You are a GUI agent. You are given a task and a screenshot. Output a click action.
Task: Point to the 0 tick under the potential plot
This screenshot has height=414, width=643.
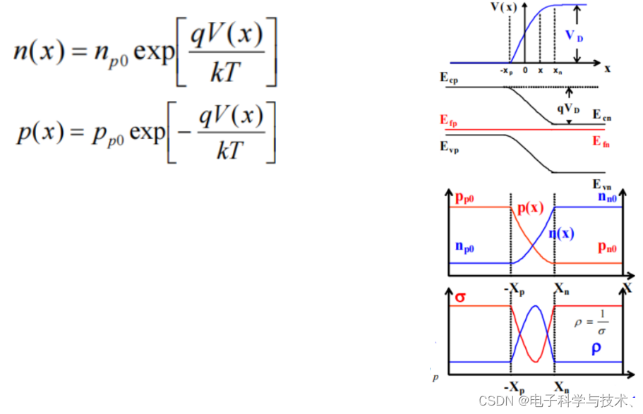pos(524,71)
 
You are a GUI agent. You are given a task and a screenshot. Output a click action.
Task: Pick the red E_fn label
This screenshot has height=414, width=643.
pos(601,142)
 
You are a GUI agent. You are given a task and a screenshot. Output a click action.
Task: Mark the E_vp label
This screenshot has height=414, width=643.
pos(449,147)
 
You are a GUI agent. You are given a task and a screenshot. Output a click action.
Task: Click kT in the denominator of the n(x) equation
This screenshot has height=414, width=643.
pos(226,73)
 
